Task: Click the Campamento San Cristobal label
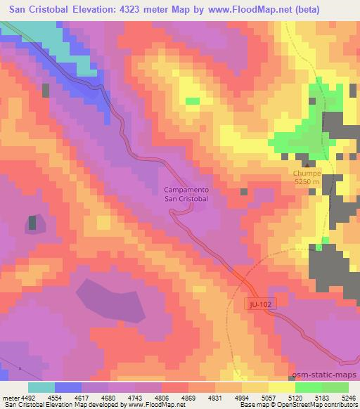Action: (186, 194)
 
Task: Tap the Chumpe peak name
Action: (307, 173)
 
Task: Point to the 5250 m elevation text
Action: (307, 181)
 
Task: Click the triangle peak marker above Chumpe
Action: (307, 164)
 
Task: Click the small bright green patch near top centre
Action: (192, 101)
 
